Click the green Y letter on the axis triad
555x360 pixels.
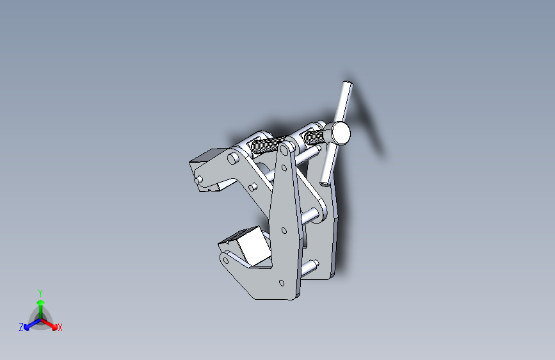(x=40, y=292)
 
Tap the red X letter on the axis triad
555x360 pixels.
(x=60, y=327)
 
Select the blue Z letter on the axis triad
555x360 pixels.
(x=21, y=327)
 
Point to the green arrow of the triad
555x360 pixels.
(x=40, y=304)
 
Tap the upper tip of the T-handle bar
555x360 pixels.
(x=347, y=85)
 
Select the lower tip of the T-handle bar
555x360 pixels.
(x=325, y=180)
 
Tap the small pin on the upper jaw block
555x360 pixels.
(x=200, y=178)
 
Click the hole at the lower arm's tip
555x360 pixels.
(x=225, y=260)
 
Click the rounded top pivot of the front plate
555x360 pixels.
(x=284, y=150)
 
